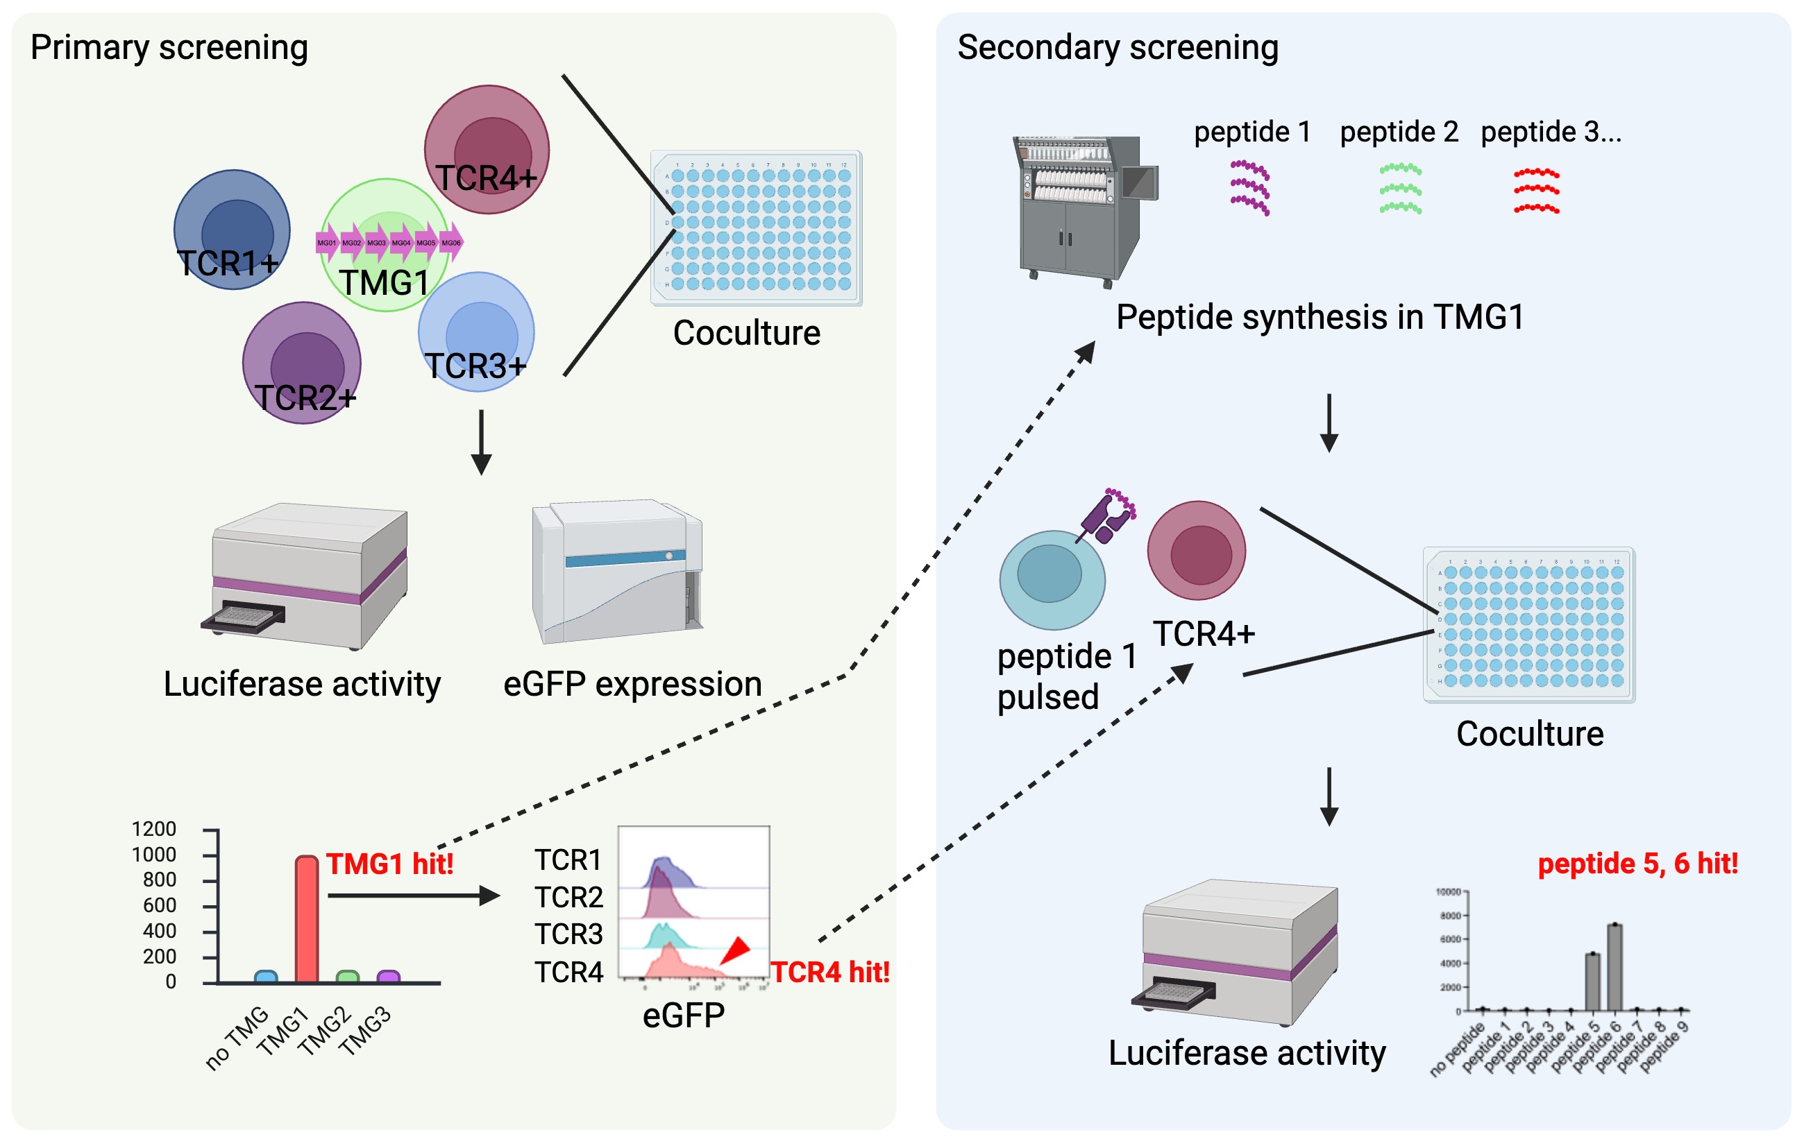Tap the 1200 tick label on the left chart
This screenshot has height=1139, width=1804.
[153, 829]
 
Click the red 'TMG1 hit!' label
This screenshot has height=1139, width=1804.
[389, 864]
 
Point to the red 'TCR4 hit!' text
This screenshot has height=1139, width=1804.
[830, 973]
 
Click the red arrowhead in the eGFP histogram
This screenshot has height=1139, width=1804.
[736, 951]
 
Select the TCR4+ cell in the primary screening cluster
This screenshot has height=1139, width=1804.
[487, 149]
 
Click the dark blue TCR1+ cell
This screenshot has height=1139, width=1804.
[232, 229]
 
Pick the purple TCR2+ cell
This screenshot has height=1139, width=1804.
[302, 363]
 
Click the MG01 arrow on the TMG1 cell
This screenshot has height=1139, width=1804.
[328, 243]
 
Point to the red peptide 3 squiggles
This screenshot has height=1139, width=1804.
[1536, 191]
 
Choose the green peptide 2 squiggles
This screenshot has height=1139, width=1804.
[1400, 189]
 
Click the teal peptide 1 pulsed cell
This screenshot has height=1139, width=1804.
[1052, 579]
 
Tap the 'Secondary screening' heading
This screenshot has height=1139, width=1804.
[1117, 48]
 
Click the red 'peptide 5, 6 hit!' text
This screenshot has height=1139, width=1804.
[1637, 864]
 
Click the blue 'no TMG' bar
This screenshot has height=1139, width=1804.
[266, 977]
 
